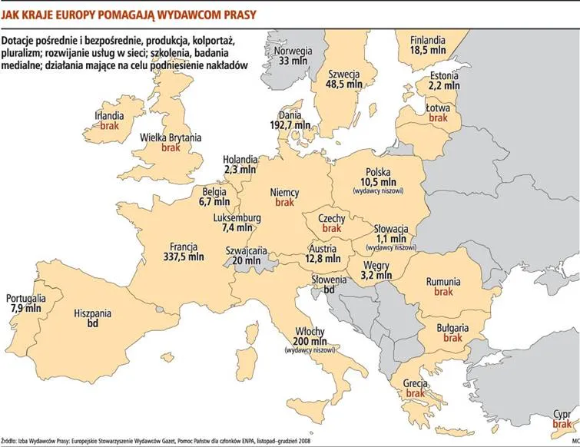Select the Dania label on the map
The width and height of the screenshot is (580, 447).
point(291,112)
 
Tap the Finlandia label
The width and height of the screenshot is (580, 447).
point(428,38)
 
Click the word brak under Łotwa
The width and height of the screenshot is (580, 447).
point(438,118)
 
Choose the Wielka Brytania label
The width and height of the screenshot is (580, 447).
point(171,137)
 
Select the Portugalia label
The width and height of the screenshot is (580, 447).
point(26,297)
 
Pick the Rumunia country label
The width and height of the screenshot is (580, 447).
point(443,281)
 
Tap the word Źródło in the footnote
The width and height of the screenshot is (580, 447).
point(11,441)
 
